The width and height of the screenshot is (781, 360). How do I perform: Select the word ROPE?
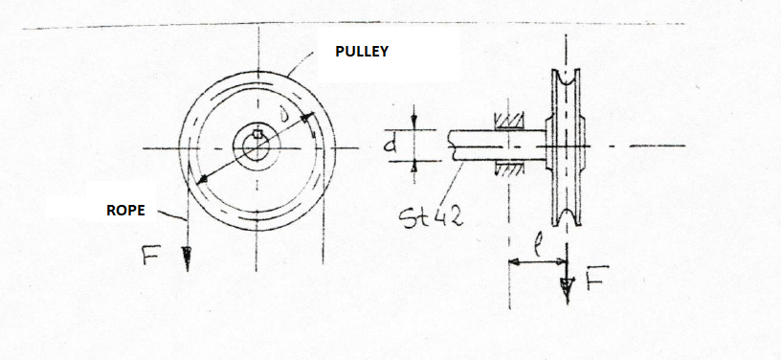pyautogui.click(x=125, y=210)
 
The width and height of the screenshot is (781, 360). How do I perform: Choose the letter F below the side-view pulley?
pyautogui.click(x=593, y=281)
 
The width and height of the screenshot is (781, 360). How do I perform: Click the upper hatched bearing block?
pyautogui.click(x=507, y=123)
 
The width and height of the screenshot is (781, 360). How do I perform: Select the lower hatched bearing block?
pyautogui.click(x=507, y=169)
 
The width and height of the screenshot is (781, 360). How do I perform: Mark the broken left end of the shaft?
pyautogui.click(x=449, y=146)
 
